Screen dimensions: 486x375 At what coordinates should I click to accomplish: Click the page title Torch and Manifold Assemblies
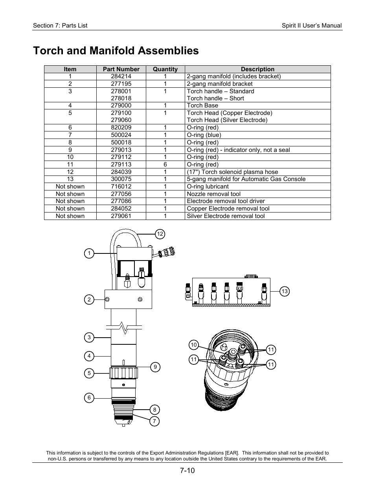coord(116,51)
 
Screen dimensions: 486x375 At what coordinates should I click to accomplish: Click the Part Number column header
coord(121,69)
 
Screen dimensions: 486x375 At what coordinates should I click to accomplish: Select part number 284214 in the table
coord(121,76)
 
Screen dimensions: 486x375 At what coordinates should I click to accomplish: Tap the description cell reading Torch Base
coord(202,105)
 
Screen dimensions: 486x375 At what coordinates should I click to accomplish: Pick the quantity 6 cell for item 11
coord(165,164)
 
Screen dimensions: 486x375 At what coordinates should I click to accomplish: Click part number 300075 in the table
coord(121,179)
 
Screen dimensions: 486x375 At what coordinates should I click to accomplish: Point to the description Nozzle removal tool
coord(213,194)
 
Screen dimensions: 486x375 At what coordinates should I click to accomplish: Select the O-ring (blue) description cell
coord(204,135)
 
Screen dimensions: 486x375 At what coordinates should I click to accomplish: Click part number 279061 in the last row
coord(121,216)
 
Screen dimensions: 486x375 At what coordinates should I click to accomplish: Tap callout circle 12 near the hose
coord(160,234)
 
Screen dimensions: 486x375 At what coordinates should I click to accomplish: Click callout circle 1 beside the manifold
coord(89,253)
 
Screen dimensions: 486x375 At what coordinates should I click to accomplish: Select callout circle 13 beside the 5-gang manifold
coord(285,291)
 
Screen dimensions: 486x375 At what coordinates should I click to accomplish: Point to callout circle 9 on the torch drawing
coord(155,367)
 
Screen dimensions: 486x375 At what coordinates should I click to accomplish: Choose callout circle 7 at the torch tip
coord(154,421)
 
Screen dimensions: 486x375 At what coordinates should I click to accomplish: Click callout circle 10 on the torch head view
coord(193,345)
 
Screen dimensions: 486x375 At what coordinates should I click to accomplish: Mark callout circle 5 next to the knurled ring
coord(89,373)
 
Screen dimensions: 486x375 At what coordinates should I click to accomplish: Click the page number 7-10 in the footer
coord(187,471)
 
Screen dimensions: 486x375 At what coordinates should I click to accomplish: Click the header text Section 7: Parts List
coord(60,26)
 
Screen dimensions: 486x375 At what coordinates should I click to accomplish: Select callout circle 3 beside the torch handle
coord(89,337)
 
